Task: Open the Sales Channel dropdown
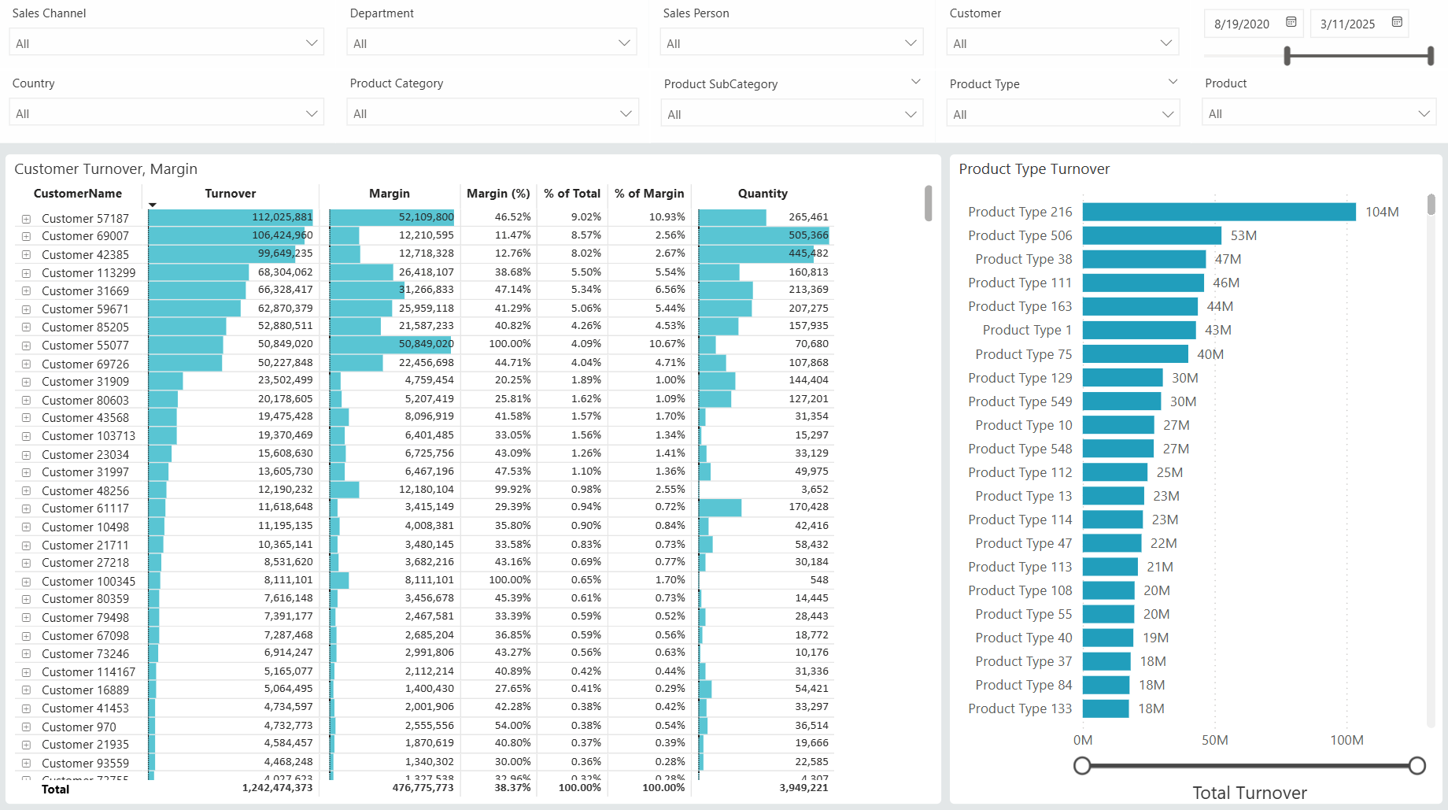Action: click(x=166, y=43)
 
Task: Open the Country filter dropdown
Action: click(x=166, y=113)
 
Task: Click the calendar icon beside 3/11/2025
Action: click(x=1397, y=22)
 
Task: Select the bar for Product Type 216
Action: click(x=1218, y=212)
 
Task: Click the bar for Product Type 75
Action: click(x=1135, y=354)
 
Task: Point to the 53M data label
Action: click(x=1243, y=235)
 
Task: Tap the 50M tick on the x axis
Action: click(x=1214, y=740)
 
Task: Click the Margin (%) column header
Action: click(x=498, y=194)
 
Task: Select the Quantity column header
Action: click(x=762, y=194)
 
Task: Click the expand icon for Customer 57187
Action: click(x=26, y=219)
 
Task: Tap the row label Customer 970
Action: click(x=79, y=727)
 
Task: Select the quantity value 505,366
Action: click(x=807, y=235)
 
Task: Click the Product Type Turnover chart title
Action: click(x=1033, y=169)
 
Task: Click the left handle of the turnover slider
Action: click(x=1082, y=765)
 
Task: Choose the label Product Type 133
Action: click(x=1020, y=708)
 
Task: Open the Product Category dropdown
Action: click(x=492, y=113)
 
